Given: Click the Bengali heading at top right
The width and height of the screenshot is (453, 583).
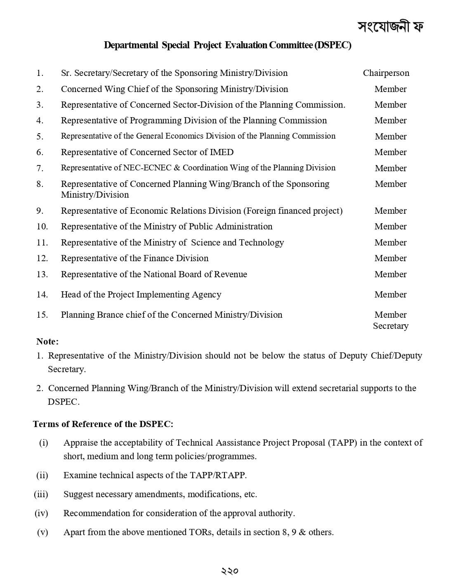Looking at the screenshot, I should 390,26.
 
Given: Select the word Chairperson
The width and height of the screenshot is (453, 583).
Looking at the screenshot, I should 386,73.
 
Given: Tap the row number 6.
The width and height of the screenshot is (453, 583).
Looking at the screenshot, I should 40,152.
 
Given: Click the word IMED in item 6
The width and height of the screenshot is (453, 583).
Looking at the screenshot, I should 222,152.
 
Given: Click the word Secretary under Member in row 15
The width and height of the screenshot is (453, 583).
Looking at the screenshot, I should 390,326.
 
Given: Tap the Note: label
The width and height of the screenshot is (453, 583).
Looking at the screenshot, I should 47,342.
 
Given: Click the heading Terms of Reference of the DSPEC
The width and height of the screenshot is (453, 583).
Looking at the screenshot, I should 103,424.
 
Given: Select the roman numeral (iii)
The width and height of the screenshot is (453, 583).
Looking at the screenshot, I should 41,494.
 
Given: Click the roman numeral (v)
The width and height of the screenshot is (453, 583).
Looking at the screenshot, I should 42,532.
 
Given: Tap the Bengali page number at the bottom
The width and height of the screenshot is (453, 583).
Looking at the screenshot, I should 229,571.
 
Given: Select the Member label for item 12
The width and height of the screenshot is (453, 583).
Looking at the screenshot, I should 390,258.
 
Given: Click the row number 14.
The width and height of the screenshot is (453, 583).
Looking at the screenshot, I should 42,295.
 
